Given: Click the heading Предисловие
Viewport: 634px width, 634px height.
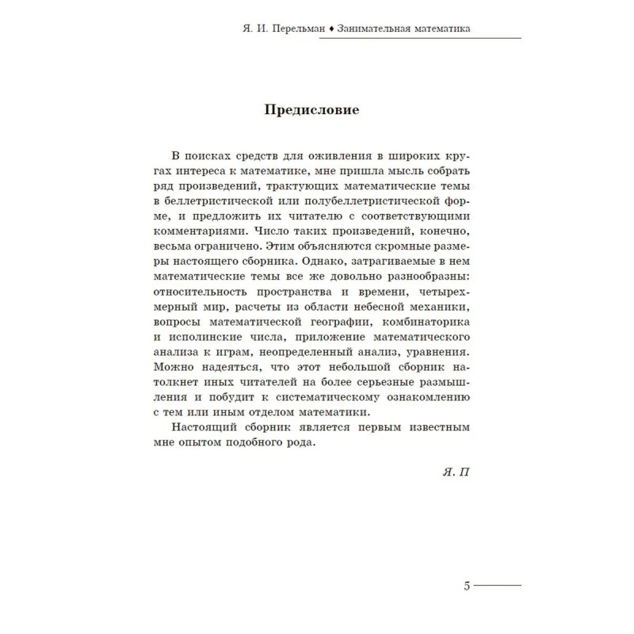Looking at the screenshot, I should [311, 110].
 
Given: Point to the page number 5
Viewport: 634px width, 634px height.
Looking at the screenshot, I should [467, 587].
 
